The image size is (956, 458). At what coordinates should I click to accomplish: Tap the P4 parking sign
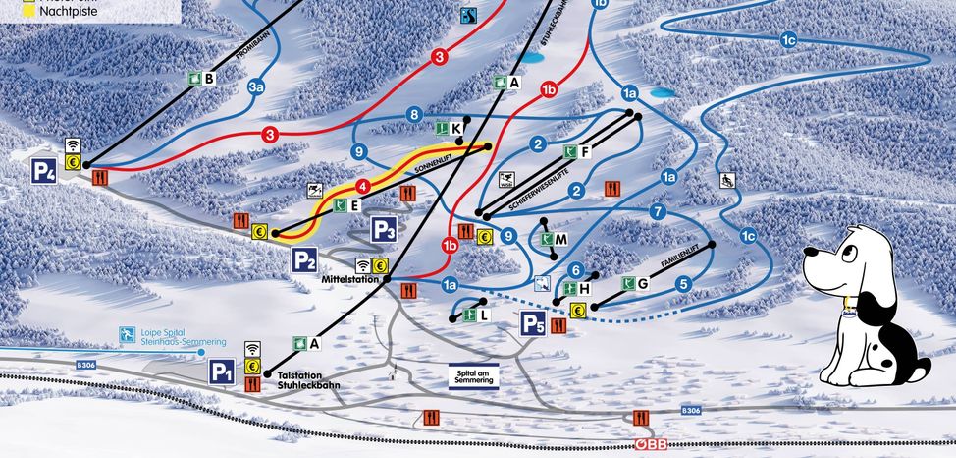[44, 171]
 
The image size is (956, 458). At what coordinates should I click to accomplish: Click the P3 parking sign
[385, 231]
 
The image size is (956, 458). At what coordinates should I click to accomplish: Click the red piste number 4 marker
[362, 185]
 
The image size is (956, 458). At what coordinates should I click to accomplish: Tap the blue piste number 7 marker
[659, 211]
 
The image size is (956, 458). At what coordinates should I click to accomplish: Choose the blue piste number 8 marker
[414, 114]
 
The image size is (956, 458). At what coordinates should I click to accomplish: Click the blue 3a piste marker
[257, 87]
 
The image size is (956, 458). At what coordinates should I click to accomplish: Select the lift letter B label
[209, 78]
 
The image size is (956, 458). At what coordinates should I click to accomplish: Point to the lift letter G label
[643, 284]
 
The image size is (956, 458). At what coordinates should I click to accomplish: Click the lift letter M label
[561, 240]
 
